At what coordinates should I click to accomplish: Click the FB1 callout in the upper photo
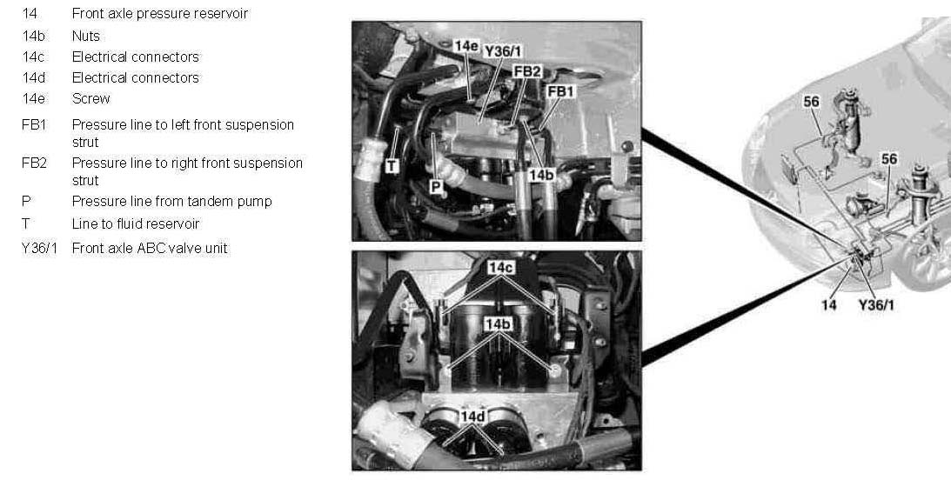[560, 91]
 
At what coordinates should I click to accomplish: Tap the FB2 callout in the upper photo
[527, 71]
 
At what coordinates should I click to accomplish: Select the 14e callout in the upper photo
[466, 46]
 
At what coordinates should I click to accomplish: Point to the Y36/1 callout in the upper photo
[503, 51]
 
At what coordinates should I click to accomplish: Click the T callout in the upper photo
[392, 165]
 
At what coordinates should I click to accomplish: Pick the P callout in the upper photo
[435, 187]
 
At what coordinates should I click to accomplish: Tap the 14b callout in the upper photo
[541, 175]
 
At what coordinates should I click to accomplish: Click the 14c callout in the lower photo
[501, 267]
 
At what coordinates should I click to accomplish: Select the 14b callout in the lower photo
[498, 324]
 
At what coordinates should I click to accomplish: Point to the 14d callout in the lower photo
[472, 417]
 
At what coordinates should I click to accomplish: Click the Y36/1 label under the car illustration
[876, 305]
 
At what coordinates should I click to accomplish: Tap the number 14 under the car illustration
[828, 305]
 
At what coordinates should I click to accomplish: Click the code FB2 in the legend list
[34, 163]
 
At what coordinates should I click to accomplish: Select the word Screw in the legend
[91, 99]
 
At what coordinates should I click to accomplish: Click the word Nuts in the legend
[85, 37]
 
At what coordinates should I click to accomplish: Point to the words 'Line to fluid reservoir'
[135, 223]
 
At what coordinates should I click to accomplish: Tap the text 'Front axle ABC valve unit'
[150, 248]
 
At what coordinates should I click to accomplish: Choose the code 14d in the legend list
[34, 77]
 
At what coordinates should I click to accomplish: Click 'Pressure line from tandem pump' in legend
[171, 201]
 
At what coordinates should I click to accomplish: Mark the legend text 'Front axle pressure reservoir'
[159, 13]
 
